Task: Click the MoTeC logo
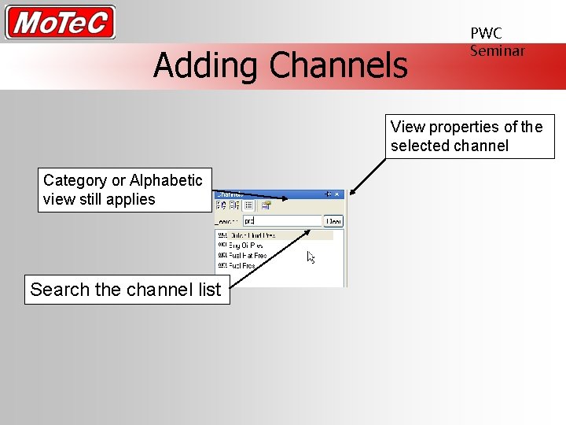coord(60,22)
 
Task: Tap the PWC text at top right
coord(486,33)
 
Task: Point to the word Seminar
coord(497,50)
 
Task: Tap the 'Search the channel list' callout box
coord(126,290)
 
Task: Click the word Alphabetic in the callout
coord(166,180)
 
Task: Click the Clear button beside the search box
coord(334,221)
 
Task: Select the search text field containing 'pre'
coord(281,221)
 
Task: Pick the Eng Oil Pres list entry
coord(245,246)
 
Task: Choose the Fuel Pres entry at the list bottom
coord(241,266)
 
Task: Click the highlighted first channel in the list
coord(252,235)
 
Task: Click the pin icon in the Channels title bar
coord(329,194)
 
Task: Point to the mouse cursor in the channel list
coord(311,257)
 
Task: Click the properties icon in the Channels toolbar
coord(266,206)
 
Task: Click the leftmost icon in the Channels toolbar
coord(222,206)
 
